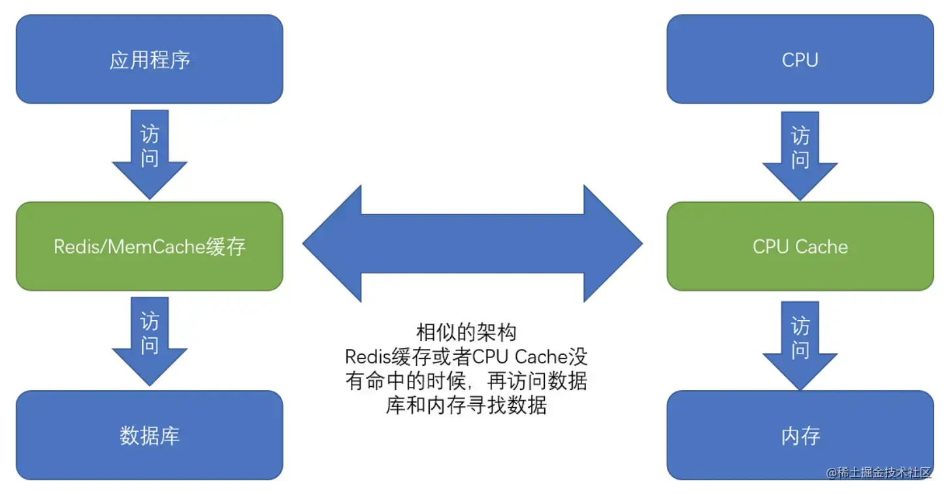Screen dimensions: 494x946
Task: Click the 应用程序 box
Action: click(149, 59)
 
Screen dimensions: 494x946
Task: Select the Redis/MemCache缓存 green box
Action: click(149, 246)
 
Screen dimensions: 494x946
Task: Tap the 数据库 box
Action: click(149, 435)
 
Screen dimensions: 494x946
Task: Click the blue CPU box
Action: click(800, 59)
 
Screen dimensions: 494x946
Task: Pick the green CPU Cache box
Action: click(800, 246)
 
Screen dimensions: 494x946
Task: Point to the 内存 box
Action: click(800, 435)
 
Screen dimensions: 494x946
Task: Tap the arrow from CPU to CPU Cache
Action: click(800, 154)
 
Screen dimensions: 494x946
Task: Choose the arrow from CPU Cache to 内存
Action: click(800, 342)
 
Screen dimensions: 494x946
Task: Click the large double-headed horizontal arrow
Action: click(472, 244)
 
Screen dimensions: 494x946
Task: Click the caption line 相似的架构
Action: click(466, 332)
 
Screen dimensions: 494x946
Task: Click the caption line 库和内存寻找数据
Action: click(466, 406)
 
